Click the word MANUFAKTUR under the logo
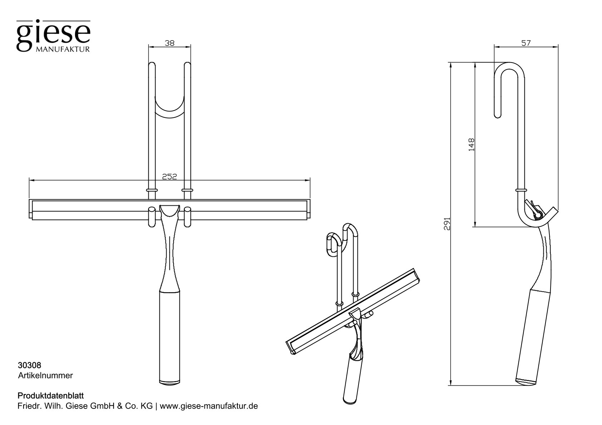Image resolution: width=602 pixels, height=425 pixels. click(63, 49)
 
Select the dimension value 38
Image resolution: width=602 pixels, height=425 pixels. click(169, 43)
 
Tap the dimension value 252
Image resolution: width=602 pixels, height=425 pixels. click(169, 176)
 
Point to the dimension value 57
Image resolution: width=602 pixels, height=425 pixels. click(526, 43)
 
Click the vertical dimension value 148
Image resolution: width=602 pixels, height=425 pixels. click(471, 145)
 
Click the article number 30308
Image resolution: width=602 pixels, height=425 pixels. click(29, 366)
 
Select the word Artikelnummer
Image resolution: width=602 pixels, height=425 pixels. click(45, 375)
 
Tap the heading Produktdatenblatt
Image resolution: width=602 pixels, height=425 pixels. click(50, 396)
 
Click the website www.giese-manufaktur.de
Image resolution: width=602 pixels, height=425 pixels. click(209, 406)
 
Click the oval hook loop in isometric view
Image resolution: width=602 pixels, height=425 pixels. click(333, 245)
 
